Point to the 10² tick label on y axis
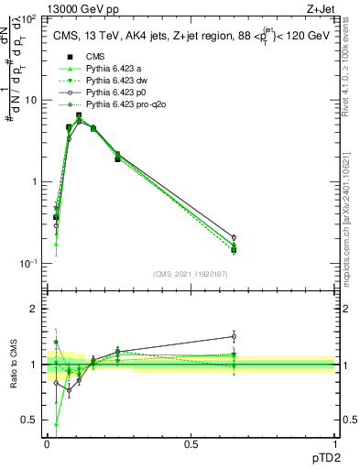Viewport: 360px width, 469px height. click(29, 19)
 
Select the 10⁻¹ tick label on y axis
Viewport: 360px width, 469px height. click(29, 263)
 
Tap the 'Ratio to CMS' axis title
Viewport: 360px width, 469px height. click(14, 365)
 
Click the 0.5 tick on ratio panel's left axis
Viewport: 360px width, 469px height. click(31, 420)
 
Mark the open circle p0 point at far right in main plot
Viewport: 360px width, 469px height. click(234, 237)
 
